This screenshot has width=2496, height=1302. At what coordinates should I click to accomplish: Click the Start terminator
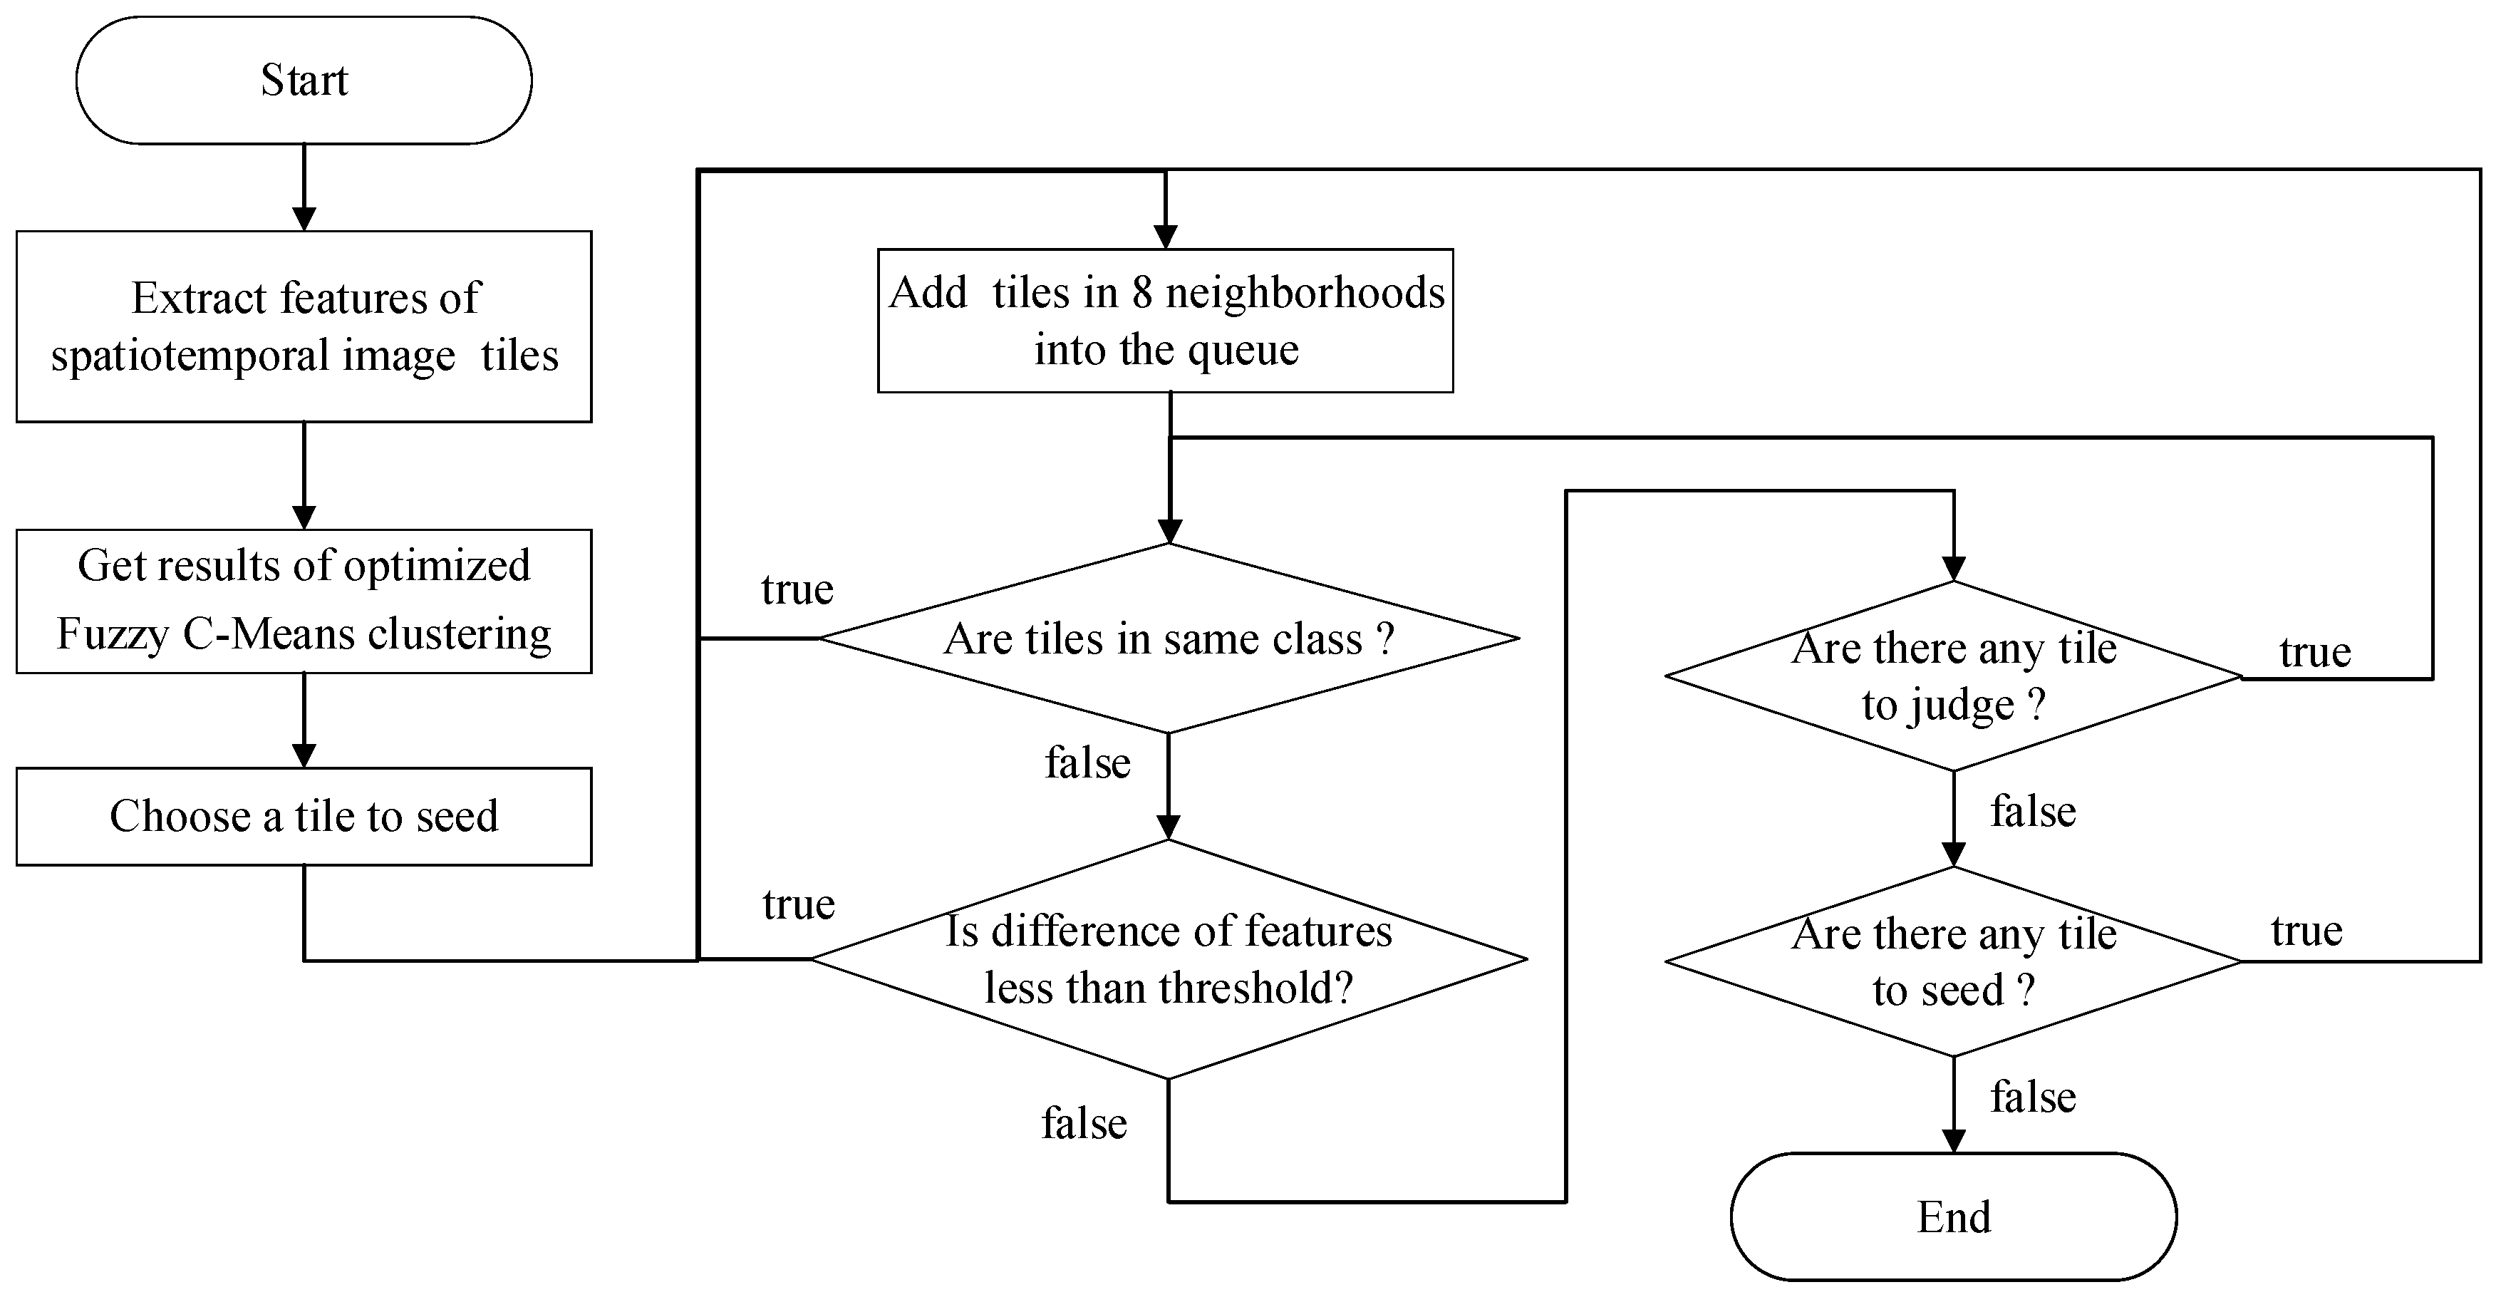(304, 81)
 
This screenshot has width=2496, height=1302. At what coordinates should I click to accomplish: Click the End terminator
(1952, 1216)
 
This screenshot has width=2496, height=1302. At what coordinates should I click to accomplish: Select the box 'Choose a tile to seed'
(304, 816)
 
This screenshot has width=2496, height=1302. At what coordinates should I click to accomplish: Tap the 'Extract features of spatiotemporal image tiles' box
(304, 326)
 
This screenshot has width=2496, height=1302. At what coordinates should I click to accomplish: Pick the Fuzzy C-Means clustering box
(304, 601)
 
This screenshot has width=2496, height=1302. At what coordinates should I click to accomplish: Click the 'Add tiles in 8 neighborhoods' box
(1165, 321)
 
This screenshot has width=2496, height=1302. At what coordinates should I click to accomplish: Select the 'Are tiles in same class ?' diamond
(1169, 639)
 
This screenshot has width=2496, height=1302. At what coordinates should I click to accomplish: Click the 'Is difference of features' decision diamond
(1169, 959)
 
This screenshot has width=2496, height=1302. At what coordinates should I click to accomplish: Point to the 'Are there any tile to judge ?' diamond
(1953, 676)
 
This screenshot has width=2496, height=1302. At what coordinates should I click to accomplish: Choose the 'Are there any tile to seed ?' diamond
(1953, 961)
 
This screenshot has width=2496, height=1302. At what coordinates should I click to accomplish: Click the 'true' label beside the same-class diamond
(797, 589)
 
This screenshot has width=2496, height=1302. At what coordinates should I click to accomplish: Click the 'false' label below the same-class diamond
(1087, 763)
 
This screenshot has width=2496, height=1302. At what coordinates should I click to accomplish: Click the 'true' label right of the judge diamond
(2315, 652)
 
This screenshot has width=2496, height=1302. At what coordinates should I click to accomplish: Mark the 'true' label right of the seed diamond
(2306, 931)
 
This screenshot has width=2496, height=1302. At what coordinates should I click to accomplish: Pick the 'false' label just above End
(2033, 1097)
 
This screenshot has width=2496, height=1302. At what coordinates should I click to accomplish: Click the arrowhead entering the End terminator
(1953, 1141)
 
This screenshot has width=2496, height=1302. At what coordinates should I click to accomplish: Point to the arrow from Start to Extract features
(304, 188)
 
